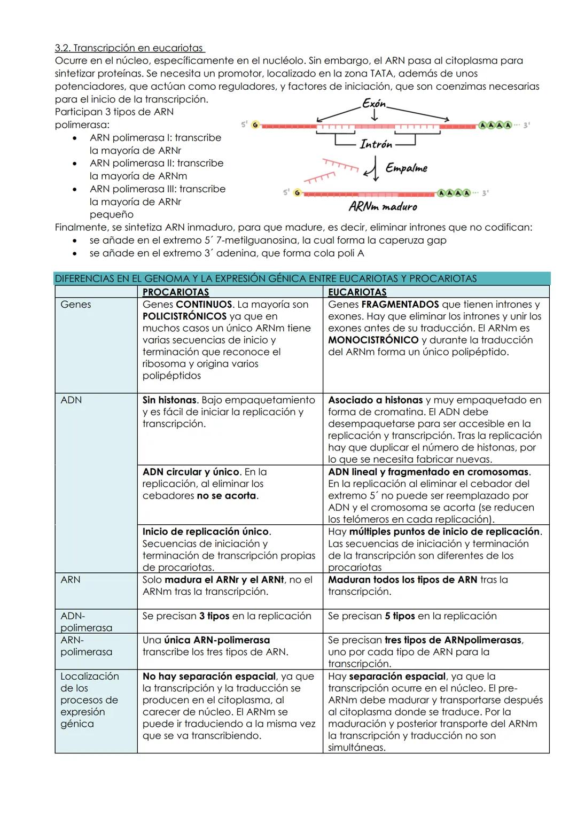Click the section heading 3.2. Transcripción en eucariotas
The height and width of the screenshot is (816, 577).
click(x=130, y=48)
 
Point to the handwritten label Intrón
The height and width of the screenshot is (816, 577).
click(x=376, y=144)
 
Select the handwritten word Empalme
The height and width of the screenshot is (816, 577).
click(x=406, y=168)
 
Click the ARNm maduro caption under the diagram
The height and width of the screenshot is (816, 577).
click(x=383, y=207)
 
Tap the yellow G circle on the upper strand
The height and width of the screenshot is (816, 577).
click(x=255, y=125)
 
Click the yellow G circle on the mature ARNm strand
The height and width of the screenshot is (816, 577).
click(x=297, y=193)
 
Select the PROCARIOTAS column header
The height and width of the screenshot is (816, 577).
click(x=175, y=292)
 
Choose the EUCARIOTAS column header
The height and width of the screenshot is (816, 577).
click(x=357, y=292)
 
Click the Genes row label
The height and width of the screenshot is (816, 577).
click(x=76, y=305)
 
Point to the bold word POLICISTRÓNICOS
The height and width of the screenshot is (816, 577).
click(x=184, y=316)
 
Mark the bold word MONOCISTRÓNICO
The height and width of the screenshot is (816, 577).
click(x=373, y=340)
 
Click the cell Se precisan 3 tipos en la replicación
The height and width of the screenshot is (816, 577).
click(x=227, y=616)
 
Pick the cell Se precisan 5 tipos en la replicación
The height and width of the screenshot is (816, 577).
click(x=412, y=616)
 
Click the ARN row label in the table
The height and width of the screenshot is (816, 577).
click(x=71, y=580)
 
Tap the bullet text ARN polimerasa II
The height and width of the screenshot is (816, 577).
click(x=157, y=164)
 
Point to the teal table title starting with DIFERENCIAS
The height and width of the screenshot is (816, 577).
click(x=266, y=278)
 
